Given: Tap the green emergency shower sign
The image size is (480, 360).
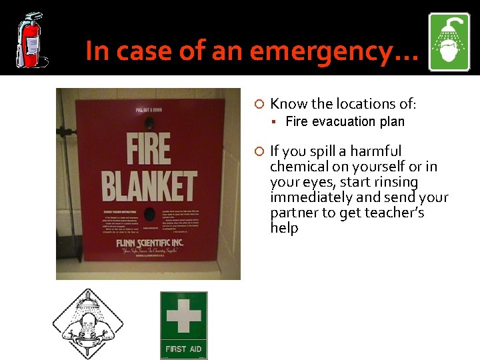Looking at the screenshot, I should pos(449,42).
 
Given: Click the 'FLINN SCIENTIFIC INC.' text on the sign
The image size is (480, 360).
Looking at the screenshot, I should pos(150,243).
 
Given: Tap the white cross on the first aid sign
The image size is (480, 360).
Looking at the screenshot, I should pos(183,317).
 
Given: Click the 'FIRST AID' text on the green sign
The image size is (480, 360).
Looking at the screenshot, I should pos(183,349).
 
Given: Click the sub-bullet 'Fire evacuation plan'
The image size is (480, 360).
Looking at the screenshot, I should pos(345,121).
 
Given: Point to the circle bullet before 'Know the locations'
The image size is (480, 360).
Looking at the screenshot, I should pos(260,104).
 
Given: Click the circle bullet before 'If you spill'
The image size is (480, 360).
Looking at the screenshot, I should pos(260,151).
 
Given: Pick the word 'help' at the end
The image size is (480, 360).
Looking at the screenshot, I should pos(284,228).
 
